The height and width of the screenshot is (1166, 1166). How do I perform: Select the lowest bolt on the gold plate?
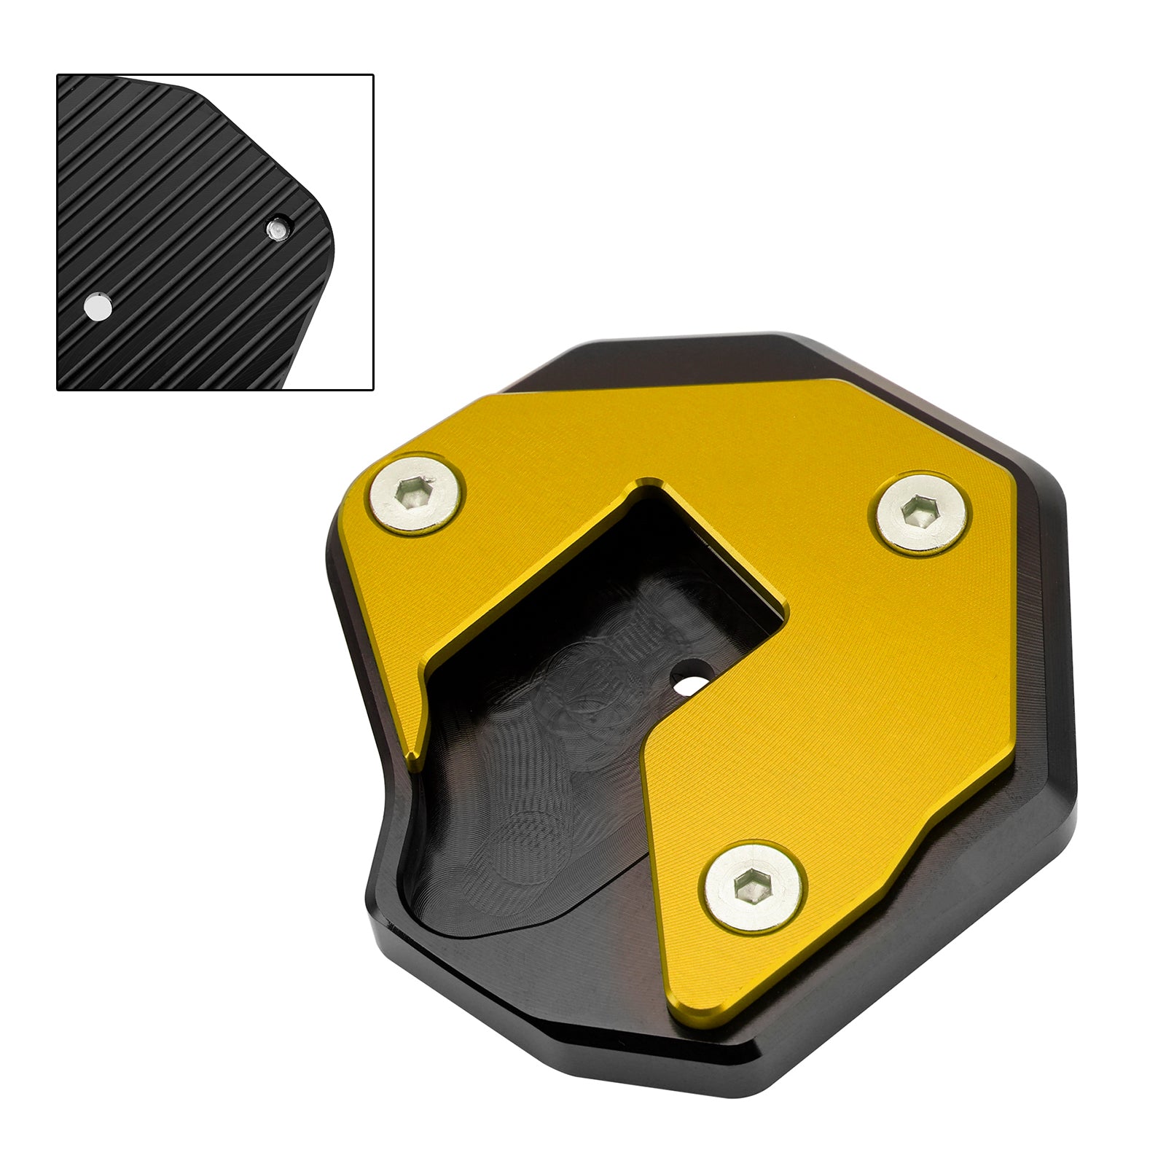[754, 887]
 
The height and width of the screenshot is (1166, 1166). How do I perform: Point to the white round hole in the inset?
[98, 306]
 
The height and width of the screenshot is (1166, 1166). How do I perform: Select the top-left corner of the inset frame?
[58, 75]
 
